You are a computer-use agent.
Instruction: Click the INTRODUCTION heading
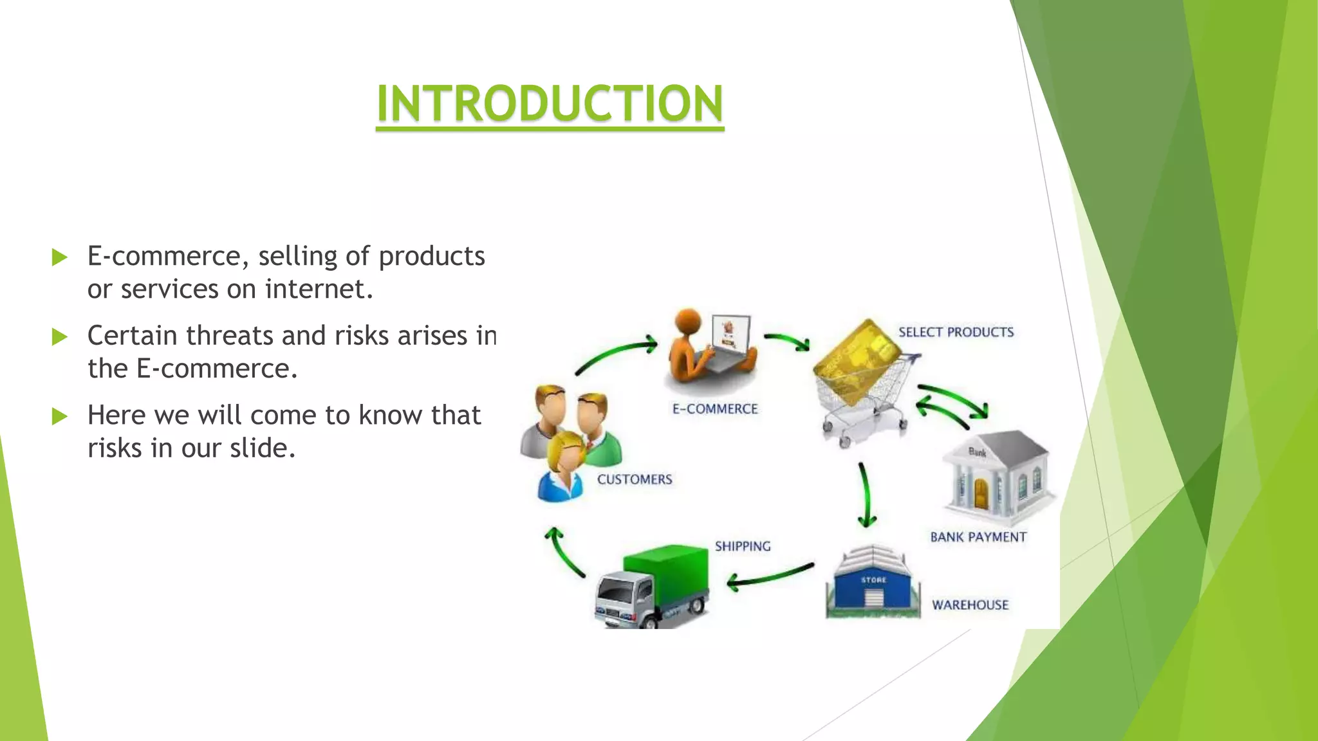tap(550, 104)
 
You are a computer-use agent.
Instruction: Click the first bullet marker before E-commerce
tap(60, 258)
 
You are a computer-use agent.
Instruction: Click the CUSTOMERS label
tap(634, 479)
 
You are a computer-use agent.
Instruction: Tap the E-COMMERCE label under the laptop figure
tap(714, 409)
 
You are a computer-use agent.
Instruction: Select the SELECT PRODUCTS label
tap(956, 332)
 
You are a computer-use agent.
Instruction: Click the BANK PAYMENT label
tap(978, 537)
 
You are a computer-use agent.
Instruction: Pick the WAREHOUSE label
tap(970, 605)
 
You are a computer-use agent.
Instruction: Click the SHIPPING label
tap(742, 546)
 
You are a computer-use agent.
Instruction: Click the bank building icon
tap(996, 476)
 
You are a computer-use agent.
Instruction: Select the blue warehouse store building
tap(873, 583)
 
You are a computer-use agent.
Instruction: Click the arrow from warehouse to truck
tap(770, 576)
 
